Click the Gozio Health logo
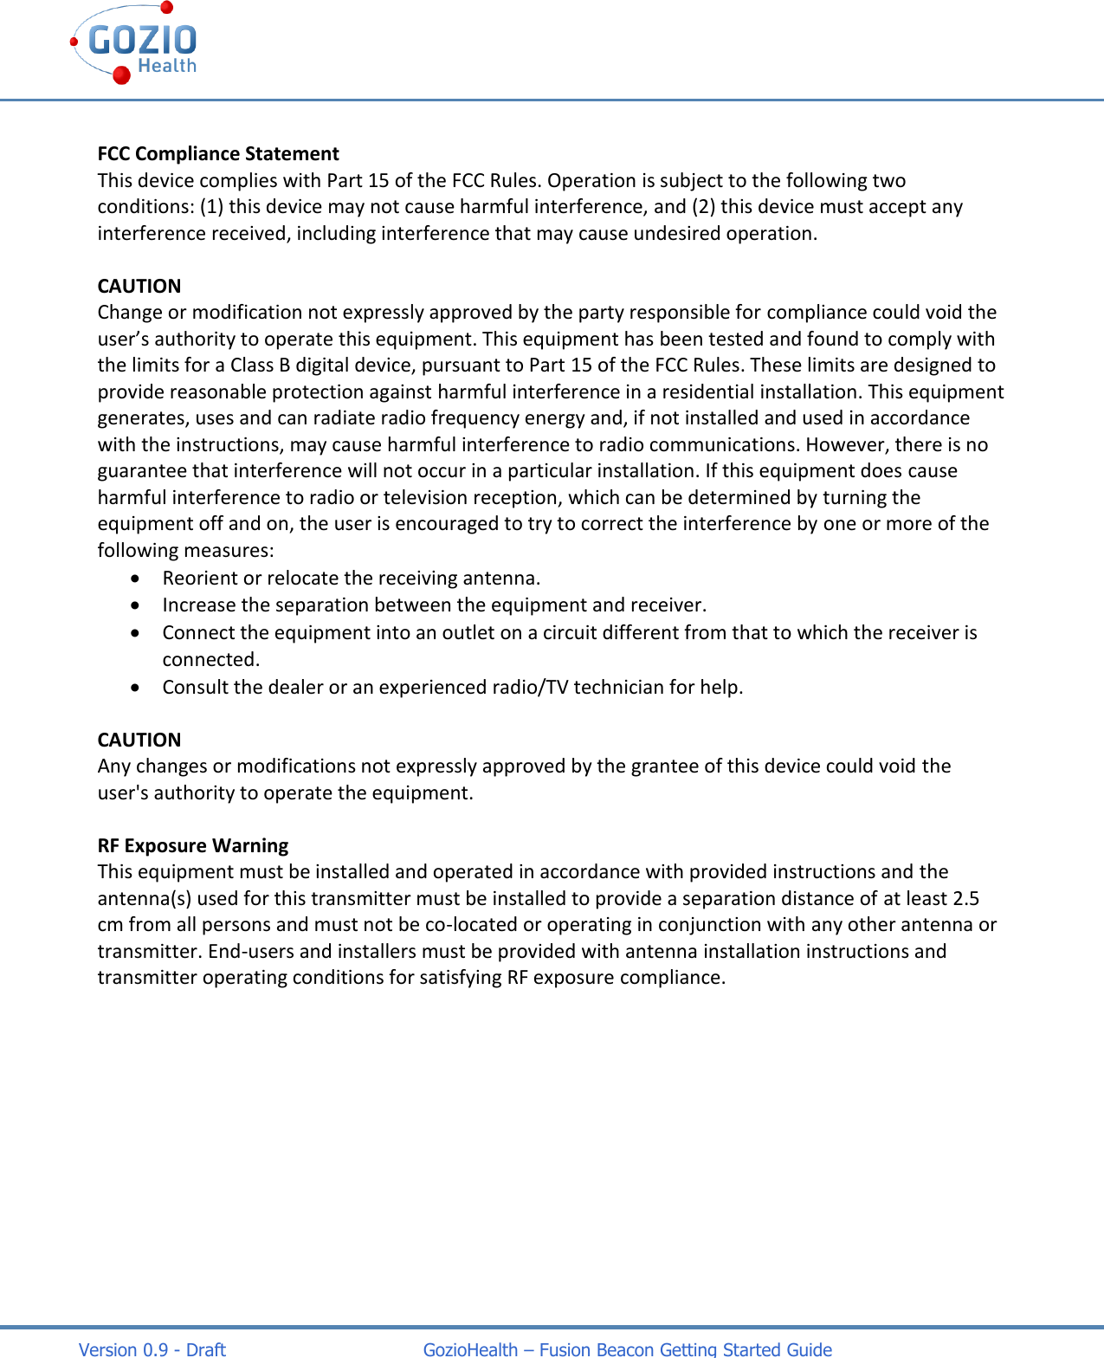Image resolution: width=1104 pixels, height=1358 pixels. tap(134, 43)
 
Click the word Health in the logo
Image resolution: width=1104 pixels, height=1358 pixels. tap(167, 66)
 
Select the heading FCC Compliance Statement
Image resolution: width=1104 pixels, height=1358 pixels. tap(218, 154)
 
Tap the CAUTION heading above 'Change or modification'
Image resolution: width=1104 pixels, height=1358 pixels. tap(139, 286)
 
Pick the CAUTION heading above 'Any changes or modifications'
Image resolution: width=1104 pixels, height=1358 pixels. tap(139, 740)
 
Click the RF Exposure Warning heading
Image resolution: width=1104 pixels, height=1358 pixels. tap(193, 845)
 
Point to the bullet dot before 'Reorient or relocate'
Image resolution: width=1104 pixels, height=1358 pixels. tap(136, 578)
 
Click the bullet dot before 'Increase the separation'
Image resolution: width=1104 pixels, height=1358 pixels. tap(136, 605)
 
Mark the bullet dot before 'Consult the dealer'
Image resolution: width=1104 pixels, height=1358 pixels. tap(136, 687)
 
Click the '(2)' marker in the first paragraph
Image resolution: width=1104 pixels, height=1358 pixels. tap(703, 206)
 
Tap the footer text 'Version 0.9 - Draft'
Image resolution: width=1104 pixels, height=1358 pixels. tap(152, 1348)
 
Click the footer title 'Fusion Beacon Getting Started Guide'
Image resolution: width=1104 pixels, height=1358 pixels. tap(685, 1348)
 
